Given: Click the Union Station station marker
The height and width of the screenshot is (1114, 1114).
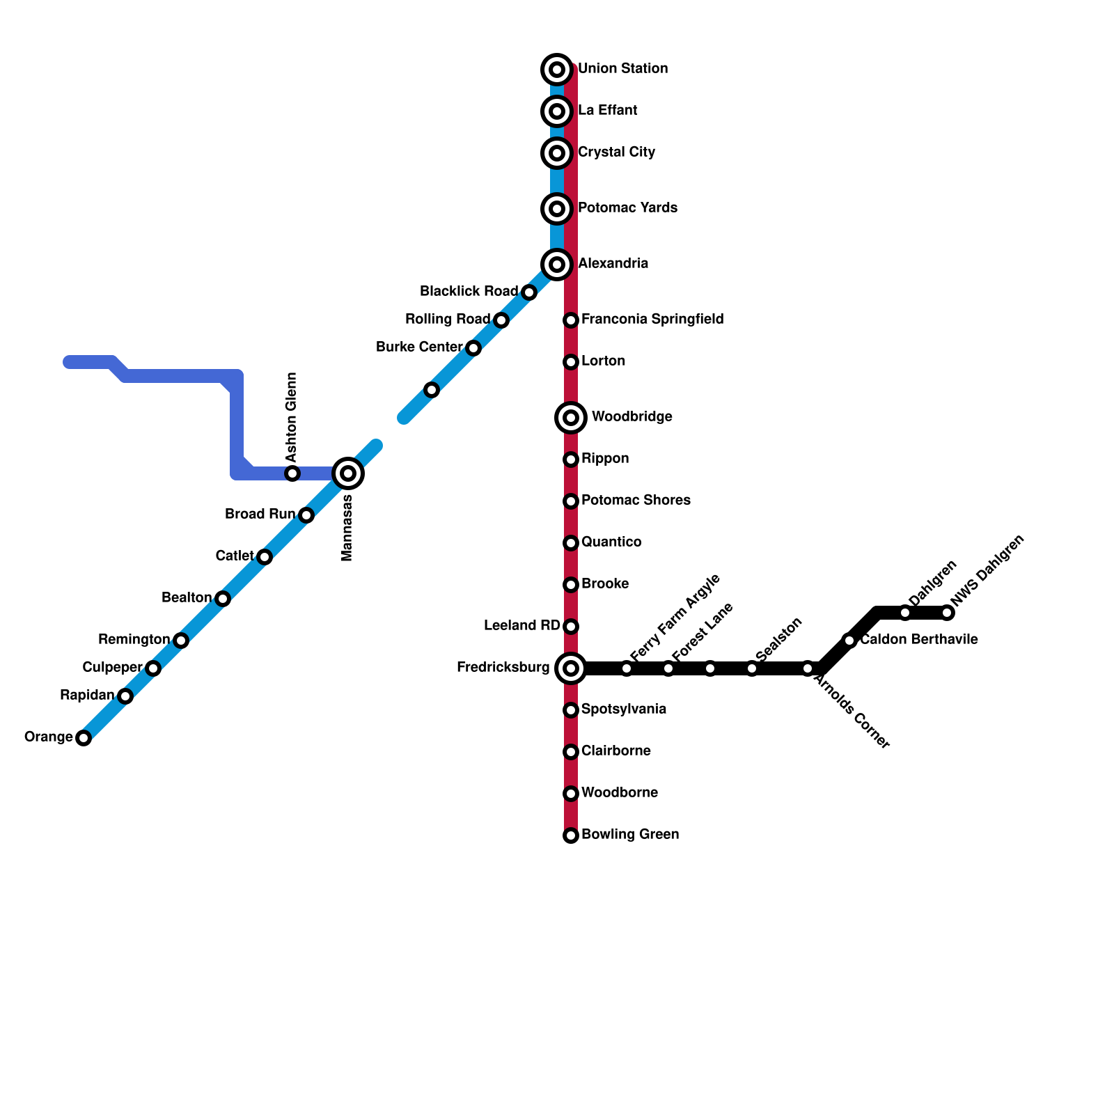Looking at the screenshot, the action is click(557, 69).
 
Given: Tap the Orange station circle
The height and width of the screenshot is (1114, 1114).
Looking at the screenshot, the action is click(84, 738).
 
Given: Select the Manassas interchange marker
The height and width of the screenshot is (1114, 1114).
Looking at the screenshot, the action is click(348, 473).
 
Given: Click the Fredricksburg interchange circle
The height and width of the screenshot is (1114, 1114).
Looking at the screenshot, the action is click(571, 668).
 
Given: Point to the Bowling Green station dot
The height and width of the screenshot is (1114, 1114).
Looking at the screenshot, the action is click(571, 835).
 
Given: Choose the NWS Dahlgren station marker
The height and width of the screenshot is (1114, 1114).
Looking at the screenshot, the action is click(947, 613).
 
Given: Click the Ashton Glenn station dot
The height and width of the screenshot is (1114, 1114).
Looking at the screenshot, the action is click(292, 473).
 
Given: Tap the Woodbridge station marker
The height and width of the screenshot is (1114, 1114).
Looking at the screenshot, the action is click(571, 418).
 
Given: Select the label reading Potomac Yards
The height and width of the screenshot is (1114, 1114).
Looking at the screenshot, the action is click(627, 208).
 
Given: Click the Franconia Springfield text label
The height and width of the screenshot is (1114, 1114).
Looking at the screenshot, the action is click(652, 320).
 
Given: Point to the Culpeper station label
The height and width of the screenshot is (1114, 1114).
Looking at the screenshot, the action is click(112, 668).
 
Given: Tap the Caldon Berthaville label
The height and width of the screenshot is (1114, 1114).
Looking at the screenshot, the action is click(919, 640).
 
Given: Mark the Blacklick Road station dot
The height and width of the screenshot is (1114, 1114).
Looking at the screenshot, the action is click(529, 292).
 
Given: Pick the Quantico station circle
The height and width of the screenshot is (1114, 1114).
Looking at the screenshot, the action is click(571, 543).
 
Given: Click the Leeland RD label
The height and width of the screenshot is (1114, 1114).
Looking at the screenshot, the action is click(521, 626).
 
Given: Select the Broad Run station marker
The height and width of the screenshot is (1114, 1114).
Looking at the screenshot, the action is click(306, 515).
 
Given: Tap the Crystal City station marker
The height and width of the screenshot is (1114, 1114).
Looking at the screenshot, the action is click(557, 152).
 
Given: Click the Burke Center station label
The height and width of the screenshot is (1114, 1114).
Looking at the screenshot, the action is click(419, 347).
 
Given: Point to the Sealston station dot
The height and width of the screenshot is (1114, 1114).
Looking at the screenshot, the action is click(752, 668).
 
